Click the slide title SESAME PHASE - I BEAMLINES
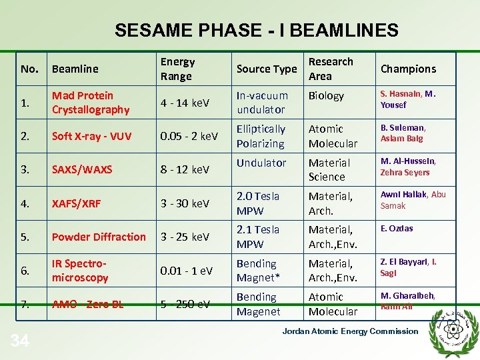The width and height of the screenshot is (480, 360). (256, 31)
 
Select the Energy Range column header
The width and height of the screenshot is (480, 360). (177, 69)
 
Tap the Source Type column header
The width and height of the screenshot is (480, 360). (267, 69)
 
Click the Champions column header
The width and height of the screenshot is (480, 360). (408, 69)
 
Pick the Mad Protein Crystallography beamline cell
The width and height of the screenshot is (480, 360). (91, 103)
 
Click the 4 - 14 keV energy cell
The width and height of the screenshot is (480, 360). (185, 103)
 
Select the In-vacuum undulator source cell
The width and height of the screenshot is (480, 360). (262, 103)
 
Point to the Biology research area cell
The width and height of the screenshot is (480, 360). (326, 96)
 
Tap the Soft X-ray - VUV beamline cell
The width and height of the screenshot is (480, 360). (92, 136)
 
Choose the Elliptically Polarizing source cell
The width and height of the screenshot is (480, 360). (261, 136)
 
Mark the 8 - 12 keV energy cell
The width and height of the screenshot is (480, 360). (185, 169)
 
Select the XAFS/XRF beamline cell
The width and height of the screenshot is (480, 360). (77, 203)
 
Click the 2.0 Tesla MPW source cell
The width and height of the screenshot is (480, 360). (258, 203)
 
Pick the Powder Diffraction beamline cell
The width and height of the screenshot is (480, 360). (99, 237)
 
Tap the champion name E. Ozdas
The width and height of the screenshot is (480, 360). (397, 229)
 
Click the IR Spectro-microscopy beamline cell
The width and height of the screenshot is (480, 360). (80, 271)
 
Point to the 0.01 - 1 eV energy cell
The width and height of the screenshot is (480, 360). (187, 271)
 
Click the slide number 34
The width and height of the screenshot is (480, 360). (20, 342)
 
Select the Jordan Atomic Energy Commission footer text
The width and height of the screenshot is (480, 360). (350, 331)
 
